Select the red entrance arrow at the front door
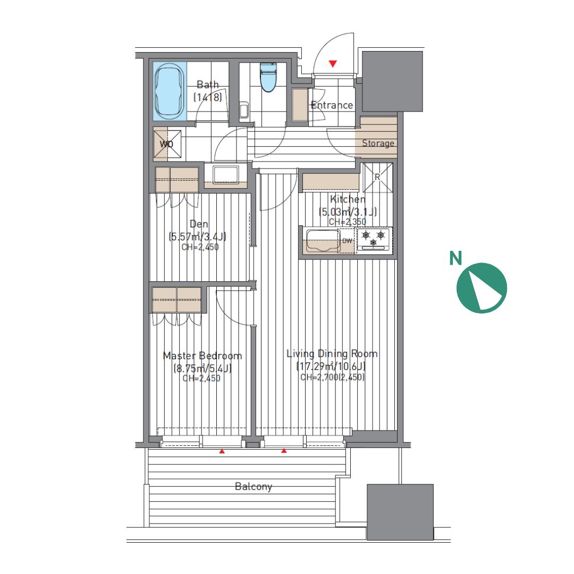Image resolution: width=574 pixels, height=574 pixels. tap(333, 64)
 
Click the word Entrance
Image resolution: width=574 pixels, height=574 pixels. tap(332, 105)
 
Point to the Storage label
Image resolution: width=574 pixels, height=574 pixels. tap(378, 143)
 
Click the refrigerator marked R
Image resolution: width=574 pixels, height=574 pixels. tap(377, 178)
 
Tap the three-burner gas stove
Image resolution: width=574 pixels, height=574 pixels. tap(374, 240)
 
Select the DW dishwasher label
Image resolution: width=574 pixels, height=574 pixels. tap(347, 241)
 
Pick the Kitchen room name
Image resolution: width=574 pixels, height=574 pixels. tap(348, 199)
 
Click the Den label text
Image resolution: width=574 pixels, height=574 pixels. tap(199, 224)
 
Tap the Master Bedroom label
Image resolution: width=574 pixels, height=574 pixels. tap(202, 356)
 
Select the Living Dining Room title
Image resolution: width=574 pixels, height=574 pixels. tap(332, 353)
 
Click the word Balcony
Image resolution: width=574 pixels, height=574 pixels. tap(254, 486)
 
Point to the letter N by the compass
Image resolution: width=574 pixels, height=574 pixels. tap(455, 258)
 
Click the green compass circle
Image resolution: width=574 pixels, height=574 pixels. tap(482, 288)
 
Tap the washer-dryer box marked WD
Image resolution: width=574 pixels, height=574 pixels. tap(167, 144)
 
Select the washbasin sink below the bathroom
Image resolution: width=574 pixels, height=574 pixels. tap(226, 175)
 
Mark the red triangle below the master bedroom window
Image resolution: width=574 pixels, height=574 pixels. tap(222, 452)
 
